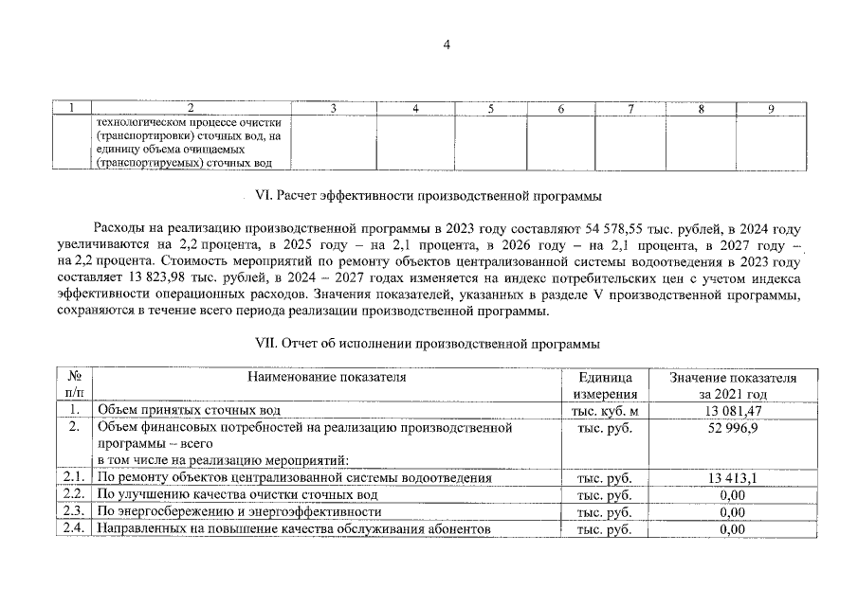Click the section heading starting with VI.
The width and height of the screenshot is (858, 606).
[x=428, y=197]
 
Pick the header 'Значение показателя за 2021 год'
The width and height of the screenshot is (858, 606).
[x=732, y=385]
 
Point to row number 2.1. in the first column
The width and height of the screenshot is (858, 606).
[x=73, y=478]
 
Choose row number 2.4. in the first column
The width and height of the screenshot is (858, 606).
[x=73, y=528]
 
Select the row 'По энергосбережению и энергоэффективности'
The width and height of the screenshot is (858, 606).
[x=240, y=512]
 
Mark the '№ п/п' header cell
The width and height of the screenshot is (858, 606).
[x=73, y=385]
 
